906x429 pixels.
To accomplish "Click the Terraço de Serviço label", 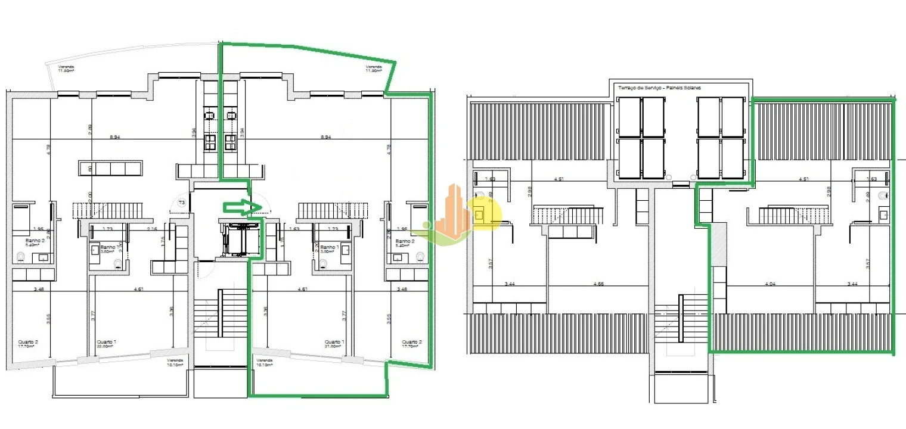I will (659, 88).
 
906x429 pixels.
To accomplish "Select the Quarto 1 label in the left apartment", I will (107, 344).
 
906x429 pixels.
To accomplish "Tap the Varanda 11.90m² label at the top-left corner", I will (66, 69).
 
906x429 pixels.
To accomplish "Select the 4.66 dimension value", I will (598, 285).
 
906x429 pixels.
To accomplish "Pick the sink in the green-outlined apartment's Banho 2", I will (396, 257).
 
